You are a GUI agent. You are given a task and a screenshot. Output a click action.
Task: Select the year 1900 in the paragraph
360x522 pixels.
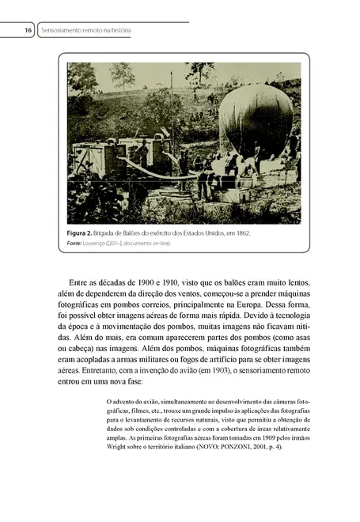[x=150, y=281]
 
